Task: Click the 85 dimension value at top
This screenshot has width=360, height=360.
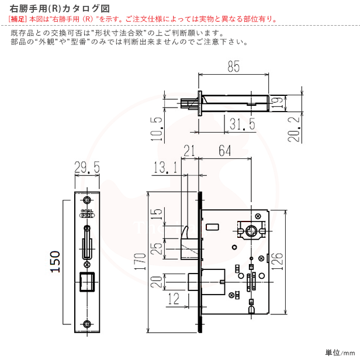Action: coord(233,67)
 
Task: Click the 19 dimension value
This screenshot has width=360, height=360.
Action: coord(295,103)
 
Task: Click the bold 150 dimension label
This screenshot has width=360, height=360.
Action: coord(54,263)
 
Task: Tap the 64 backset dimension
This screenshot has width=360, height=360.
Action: coord(224,151)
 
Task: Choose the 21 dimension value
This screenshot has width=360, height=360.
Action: coord(189,151)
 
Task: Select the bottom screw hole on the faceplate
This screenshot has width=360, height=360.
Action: coord(87,324)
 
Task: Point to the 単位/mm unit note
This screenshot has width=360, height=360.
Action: coord(340,352)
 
